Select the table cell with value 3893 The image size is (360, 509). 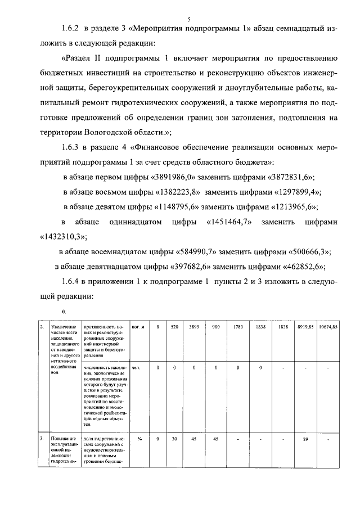pos(193,326)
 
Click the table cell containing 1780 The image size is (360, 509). pos(237,326)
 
